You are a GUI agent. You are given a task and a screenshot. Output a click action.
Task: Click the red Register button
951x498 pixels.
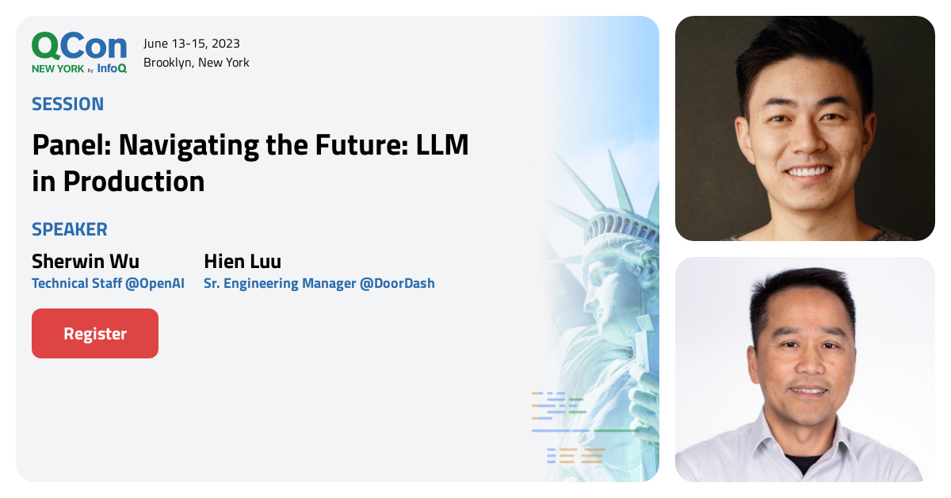coord(95,334)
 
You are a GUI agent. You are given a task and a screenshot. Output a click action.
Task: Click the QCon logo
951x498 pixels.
coord(79,46)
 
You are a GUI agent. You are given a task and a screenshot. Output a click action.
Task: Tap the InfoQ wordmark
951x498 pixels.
coord(112,68)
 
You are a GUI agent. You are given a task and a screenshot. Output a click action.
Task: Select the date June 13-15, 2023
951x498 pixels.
coord(192,44)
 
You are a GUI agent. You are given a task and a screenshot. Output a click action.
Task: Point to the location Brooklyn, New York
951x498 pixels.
coord(197,63)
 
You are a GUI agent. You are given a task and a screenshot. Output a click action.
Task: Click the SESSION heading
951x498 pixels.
coord(67,104)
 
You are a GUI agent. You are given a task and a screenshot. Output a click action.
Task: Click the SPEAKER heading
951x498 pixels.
coord(70,230)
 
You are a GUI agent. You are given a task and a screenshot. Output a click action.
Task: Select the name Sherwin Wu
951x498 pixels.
coord(86,262)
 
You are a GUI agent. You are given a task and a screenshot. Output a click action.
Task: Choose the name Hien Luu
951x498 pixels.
coord(243,262)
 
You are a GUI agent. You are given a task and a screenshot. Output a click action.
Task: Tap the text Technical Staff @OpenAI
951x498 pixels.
coord(108,283)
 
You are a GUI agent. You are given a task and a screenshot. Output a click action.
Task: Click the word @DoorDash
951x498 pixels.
coord(397,283)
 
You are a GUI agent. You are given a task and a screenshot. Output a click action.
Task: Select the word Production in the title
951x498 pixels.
coord(134,182)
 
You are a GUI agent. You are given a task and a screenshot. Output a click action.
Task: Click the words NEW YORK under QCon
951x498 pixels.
coord(58,69)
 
